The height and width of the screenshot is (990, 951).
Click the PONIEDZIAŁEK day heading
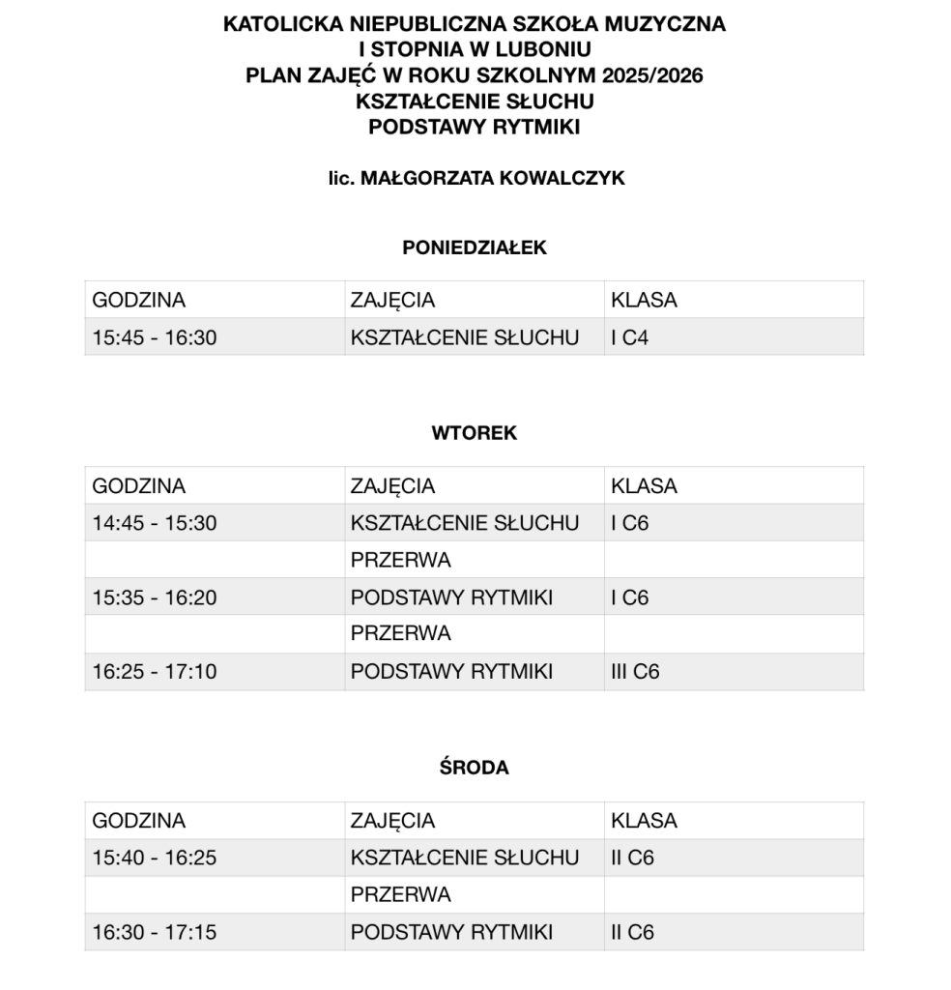click(474, 248)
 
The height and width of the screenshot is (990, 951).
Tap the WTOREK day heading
click(474, 434)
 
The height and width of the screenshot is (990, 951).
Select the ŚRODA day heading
click(474, 769)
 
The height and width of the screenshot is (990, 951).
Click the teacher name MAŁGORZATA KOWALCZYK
click(492, 179)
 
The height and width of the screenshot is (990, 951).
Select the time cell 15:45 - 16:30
click(155, 337)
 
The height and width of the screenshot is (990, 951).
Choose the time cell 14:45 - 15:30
click(155, 523)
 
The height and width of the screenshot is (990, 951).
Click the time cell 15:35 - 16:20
click(155, 598)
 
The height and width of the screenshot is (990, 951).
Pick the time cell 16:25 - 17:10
click(155, 672)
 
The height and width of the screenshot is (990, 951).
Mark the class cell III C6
click(635, 672)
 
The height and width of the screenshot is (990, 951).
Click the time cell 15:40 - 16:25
click(155, 858)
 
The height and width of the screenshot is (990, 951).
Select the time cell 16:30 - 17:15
click(155, 933)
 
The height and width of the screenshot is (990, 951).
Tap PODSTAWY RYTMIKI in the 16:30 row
click(451, 933)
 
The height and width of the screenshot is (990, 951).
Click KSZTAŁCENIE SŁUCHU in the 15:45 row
click(465, 337)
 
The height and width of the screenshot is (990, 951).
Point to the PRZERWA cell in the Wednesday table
click(400, 895)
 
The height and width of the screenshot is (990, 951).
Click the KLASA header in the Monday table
click(644, 300)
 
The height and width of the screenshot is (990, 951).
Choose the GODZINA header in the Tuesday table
click(138, 486)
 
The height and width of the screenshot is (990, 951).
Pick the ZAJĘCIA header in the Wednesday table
click(392, 821)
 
